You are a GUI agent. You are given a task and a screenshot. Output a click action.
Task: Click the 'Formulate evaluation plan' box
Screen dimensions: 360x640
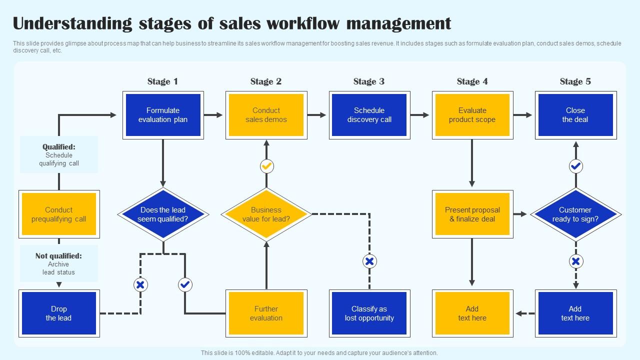163,115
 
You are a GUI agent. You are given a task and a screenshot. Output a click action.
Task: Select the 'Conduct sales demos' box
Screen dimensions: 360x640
266,115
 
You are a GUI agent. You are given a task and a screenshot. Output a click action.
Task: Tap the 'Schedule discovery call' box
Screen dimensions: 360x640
369,115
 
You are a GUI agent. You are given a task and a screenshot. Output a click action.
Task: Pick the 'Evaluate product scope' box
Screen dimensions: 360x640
472,115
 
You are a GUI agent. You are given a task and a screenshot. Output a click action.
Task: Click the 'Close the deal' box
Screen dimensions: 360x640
575,115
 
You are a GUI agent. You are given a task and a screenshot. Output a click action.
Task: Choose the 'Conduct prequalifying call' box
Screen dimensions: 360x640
59,214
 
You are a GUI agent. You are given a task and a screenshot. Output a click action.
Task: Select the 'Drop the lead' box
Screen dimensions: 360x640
59,313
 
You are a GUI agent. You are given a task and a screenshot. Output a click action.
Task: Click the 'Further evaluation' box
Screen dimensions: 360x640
266,313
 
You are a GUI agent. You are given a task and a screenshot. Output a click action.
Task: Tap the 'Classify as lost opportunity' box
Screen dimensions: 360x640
369,313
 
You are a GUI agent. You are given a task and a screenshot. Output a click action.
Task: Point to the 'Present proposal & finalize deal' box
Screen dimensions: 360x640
472,214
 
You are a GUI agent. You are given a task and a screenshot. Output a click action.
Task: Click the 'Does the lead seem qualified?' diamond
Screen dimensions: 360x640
163,214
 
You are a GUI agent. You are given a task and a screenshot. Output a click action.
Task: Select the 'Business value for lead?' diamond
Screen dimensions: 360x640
266,214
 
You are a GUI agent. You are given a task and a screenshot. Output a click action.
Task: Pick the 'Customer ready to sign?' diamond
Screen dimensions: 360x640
575,214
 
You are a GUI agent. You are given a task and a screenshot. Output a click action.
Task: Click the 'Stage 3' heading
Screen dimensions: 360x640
369,81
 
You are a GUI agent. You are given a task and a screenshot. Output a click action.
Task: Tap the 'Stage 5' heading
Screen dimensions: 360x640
575,81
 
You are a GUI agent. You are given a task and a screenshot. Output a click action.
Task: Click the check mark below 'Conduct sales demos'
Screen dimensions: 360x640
267,166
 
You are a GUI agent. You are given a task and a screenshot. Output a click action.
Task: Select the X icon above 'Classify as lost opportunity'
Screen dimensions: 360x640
369,261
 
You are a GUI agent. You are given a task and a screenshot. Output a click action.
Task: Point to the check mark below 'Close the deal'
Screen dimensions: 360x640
576,166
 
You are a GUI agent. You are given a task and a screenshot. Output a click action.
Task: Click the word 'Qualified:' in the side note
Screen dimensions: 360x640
59,147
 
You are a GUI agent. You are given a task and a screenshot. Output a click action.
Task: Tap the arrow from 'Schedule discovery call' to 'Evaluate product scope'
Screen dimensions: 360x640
420,115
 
